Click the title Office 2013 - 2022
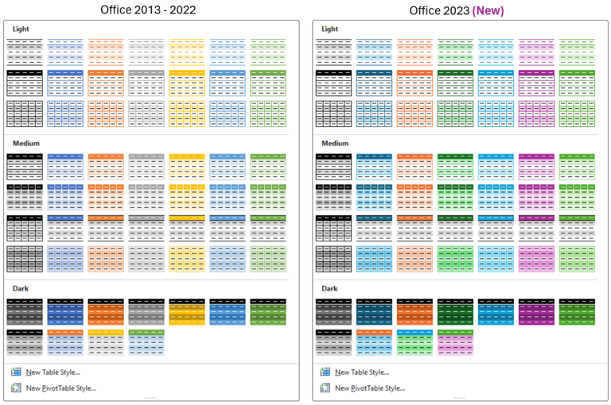148,10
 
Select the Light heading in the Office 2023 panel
329,29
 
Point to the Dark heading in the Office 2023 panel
329,288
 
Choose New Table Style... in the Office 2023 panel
362,372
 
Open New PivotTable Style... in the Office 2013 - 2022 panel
61,388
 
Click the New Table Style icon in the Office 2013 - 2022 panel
16,372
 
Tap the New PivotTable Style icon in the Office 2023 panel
325,388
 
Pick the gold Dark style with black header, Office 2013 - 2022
185,312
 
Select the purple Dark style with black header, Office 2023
536,312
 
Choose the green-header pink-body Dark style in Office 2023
455,342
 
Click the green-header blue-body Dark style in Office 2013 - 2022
145,342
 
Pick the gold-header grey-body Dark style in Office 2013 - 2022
104,342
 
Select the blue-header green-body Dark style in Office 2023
414,342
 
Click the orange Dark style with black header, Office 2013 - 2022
104,312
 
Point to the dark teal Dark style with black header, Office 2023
374,312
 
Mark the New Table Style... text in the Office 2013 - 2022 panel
53,372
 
